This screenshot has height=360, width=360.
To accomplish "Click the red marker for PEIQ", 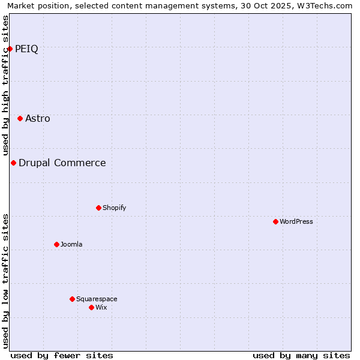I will [10, 49].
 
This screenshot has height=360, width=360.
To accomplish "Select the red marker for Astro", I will [20, 119].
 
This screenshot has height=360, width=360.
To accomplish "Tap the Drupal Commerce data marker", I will [13, 163].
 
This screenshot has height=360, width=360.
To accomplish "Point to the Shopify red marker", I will [98, 208].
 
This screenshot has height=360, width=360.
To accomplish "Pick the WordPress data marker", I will [275, 221].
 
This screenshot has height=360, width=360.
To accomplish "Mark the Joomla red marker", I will [56, 244].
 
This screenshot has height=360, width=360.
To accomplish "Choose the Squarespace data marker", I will [72, 299].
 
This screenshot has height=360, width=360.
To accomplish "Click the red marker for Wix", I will [91, 307].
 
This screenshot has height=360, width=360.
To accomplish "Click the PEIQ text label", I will [26, 49].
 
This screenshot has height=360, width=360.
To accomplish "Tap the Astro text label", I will [38, 119].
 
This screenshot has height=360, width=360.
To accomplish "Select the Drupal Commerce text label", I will [62, 163].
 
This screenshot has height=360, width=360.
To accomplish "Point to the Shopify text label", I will [114, 208].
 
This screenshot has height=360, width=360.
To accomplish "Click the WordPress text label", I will [296, 221].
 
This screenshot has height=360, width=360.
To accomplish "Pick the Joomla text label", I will [71, 244].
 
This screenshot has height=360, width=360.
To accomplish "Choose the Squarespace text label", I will [97, 299].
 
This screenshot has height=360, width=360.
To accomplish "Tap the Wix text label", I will [101, 307].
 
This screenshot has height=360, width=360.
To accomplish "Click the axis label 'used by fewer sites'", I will [62, 355].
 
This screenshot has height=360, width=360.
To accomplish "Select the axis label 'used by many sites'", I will [301, 355].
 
